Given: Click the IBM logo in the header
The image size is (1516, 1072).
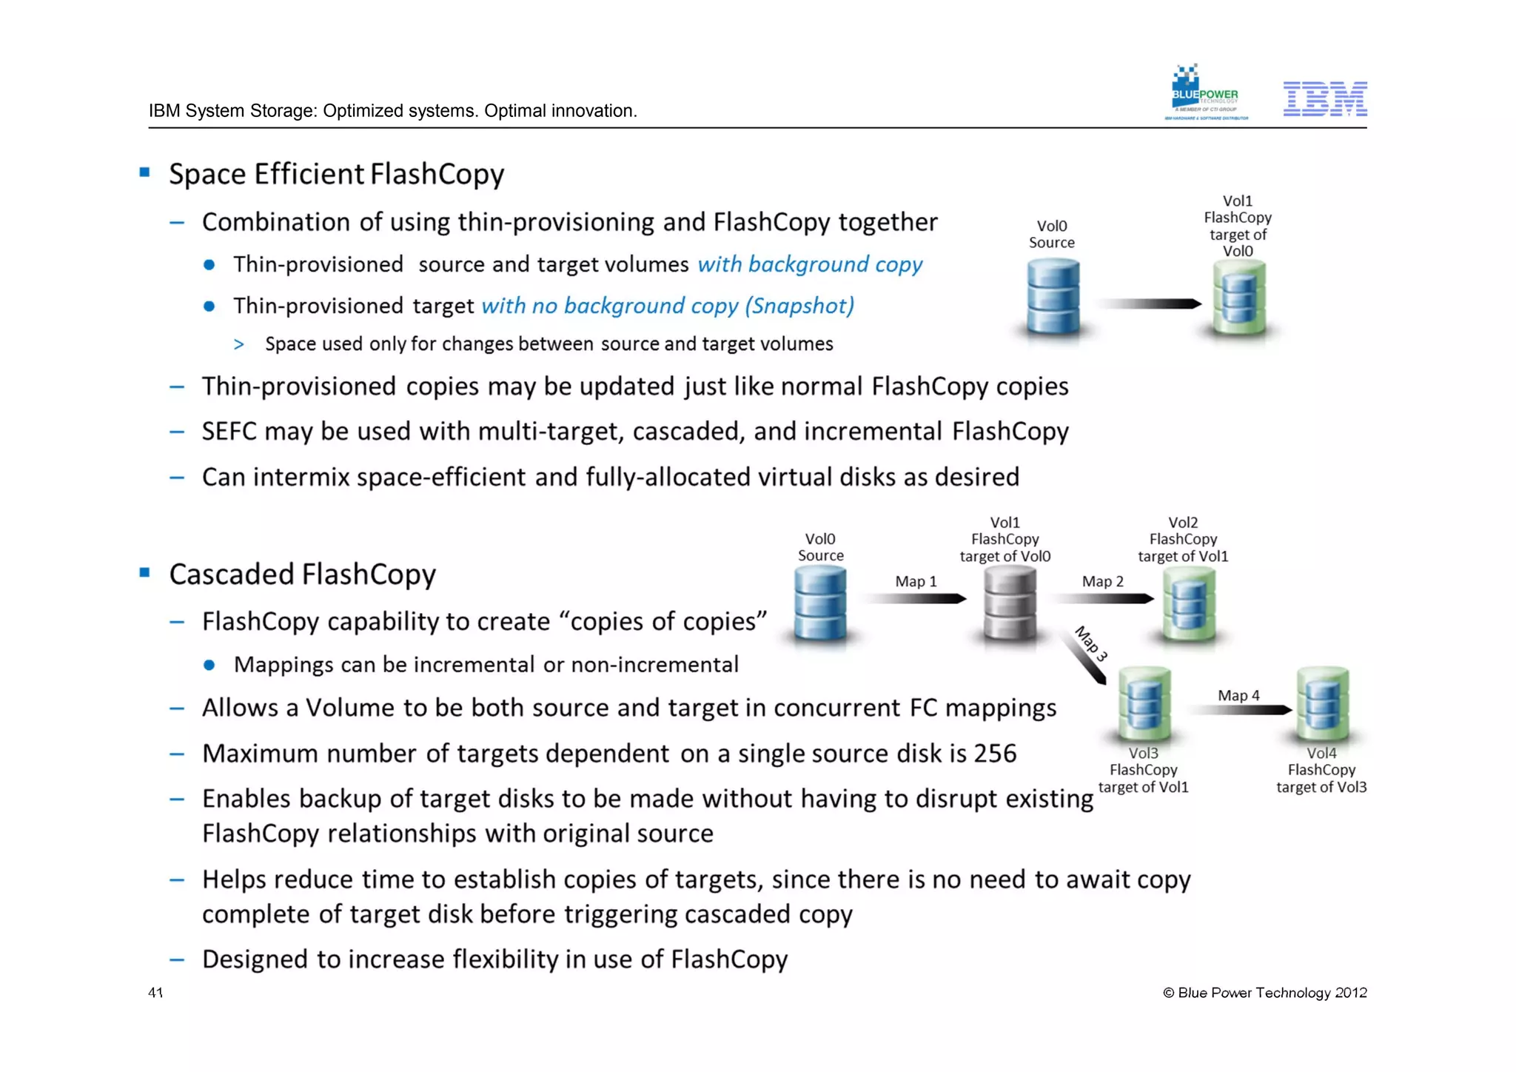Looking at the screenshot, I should (x=1324, y=99).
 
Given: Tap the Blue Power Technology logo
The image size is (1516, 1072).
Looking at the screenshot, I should (x=1206, y=93).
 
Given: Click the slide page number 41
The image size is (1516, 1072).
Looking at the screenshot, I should (x=155, y=993).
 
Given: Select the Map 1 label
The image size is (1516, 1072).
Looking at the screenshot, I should (x=916, y=582).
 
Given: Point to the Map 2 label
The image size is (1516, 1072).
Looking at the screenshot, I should (x=1102, y=582).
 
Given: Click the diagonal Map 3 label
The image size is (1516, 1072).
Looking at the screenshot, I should (x=1090, y=643).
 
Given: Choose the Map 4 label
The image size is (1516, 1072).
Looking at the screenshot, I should (x=1238, y=696).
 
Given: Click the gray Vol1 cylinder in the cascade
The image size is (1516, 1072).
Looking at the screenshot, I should (x=1009, y=604).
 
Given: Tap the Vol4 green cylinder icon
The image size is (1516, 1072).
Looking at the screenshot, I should (x=1323, y=704).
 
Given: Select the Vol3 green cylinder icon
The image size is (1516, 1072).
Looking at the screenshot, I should (x=1144, y=704).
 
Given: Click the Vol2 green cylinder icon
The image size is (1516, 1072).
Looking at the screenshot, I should (x=1189, y=604).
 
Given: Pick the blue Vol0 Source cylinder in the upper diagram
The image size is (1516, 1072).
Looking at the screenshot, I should (x=1053, y=298).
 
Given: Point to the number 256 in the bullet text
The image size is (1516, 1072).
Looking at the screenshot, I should (x=995, y=754).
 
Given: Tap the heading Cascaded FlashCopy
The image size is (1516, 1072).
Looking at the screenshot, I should (x=302, y=574).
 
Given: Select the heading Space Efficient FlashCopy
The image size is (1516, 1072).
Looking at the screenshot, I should (x=336, y=174).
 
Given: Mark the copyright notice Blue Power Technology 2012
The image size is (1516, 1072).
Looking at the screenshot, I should (x=1265, y=993).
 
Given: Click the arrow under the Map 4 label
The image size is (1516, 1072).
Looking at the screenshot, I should (x=1240, y=711).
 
